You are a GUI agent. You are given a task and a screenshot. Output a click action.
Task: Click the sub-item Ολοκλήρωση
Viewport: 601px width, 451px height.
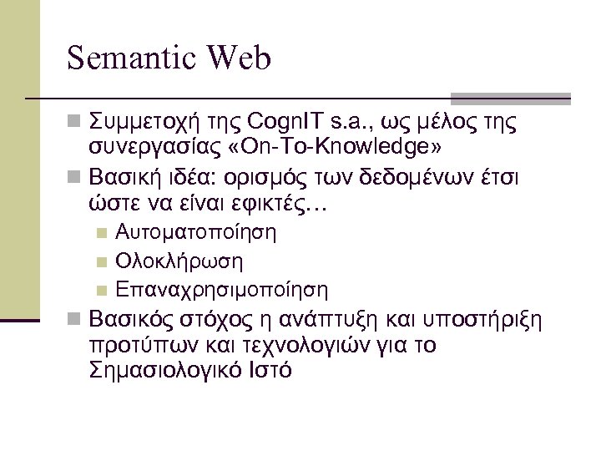pos(180,261)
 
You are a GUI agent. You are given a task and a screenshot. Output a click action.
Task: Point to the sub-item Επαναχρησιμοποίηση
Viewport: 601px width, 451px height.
pos(222,290)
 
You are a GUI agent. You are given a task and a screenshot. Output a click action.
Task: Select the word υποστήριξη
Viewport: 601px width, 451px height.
pos(492,322)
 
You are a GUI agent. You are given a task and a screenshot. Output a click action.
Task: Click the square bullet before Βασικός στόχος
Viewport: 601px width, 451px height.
pos(74,322)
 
